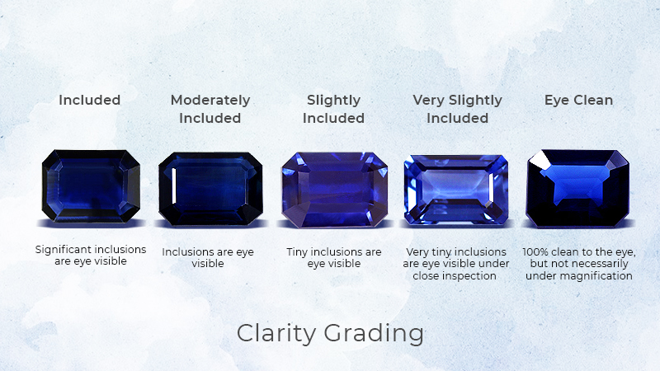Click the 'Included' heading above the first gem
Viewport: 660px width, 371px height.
90,100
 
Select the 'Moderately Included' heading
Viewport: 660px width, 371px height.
210,109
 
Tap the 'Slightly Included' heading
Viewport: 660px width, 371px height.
333,109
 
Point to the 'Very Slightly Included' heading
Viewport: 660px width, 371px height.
458,109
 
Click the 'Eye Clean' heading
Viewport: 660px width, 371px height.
579,100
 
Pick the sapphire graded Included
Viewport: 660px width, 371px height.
91,186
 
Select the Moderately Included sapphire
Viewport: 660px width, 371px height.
210,189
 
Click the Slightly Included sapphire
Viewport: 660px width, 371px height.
335,190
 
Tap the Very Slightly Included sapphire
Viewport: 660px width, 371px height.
456,190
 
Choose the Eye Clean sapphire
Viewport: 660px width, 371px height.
578,189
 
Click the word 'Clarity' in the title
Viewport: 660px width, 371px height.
276,333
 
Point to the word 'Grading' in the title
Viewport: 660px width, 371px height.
374,334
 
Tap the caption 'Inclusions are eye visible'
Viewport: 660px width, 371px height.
208,258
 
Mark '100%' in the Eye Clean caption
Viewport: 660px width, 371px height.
535,252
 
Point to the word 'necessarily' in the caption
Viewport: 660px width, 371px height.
602,264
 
